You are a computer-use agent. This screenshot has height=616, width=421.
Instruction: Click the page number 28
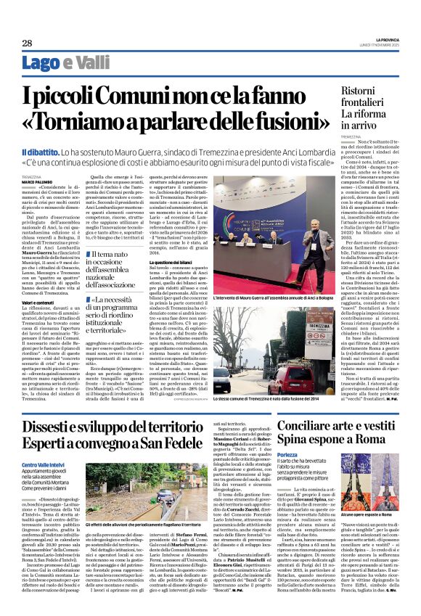click(x=26, y=43)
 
